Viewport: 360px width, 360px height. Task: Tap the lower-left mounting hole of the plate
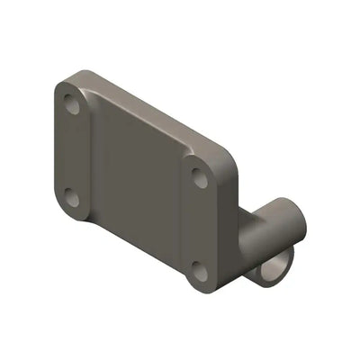click(x=73, y=200)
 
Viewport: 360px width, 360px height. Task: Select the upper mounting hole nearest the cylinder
click(x=200, y=178)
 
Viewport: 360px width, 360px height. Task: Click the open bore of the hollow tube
click(x=277, y=268)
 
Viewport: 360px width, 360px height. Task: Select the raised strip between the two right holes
click(x=199, y=225)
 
